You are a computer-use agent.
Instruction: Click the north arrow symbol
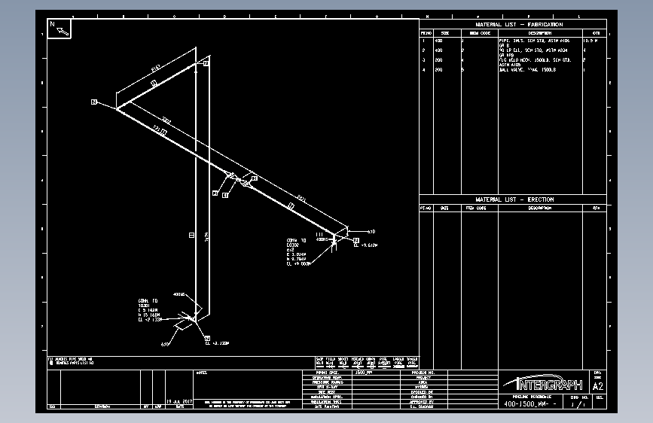60,28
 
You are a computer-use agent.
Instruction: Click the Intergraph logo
543,383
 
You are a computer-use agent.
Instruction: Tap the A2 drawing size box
599,386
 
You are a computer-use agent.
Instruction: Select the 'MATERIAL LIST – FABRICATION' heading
519,25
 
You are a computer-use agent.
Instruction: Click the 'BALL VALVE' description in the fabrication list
526,70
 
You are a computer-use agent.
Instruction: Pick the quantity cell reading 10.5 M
594,41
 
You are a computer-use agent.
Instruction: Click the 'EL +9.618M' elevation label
365,245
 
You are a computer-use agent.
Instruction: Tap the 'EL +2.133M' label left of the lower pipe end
150,320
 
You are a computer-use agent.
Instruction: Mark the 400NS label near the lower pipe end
179,294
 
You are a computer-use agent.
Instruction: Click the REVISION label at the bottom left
105,406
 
